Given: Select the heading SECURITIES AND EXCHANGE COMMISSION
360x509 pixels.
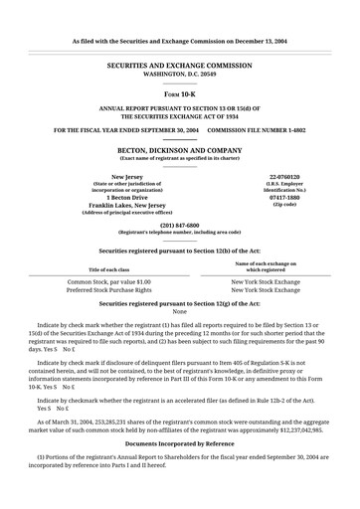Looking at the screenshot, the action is pos(180,63).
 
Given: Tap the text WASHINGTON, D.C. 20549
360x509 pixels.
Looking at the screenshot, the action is pos(180,74).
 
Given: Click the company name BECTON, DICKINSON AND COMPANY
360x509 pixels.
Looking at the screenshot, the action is pos(180,149).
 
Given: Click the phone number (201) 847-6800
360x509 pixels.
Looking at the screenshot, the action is pos(180,225).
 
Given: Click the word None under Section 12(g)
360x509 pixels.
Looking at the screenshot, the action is pos(180,311).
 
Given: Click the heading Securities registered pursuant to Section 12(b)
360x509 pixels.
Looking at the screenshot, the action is pos(180,251).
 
